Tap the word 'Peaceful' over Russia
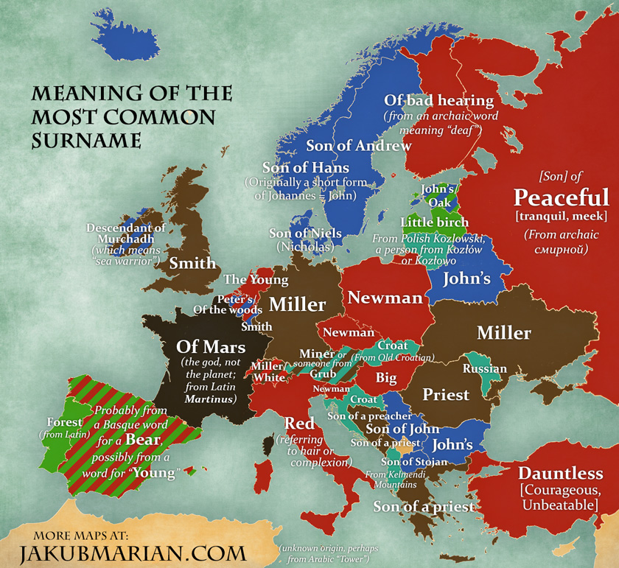562,197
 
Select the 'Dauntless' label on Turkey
561,473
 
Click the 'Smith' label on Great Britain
193,263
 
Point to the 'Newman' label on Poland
385,298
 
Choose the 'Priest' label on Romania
446,395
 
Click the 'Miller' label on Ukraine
504,333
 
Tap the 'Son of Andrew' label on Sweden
358,146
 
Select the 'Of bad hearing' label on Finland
439,100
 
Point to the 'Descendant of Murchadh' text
126,234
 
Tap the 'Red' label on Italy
300,424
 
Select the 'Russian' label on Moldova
485,368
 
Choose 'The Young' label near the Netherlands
256,280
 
